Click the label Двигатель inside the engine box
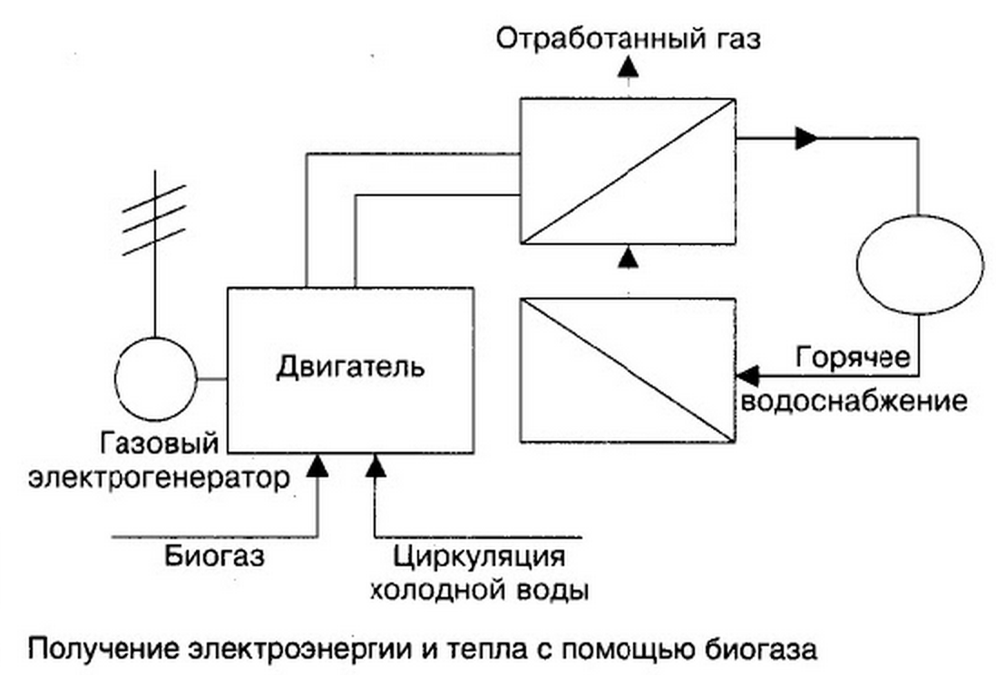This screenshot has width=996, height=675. (x=350, y=367)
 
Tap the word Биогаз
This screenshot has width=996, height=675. (x=215, y=553)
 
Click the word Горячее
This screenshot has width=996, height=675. (x=853, y=357)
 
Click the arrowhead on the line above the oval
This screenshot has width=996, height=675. (x=806, y=138)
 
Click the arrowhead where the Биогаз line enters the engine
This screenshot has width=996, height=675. (x=317, y=465)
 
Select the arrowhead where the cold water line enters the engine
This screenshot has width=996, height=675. (x=375, y=465)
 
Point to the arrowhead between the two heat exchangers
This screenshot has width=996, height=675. (x=628, y=258)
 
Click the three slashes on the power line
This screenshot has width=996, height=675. (x=154, y=219)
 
